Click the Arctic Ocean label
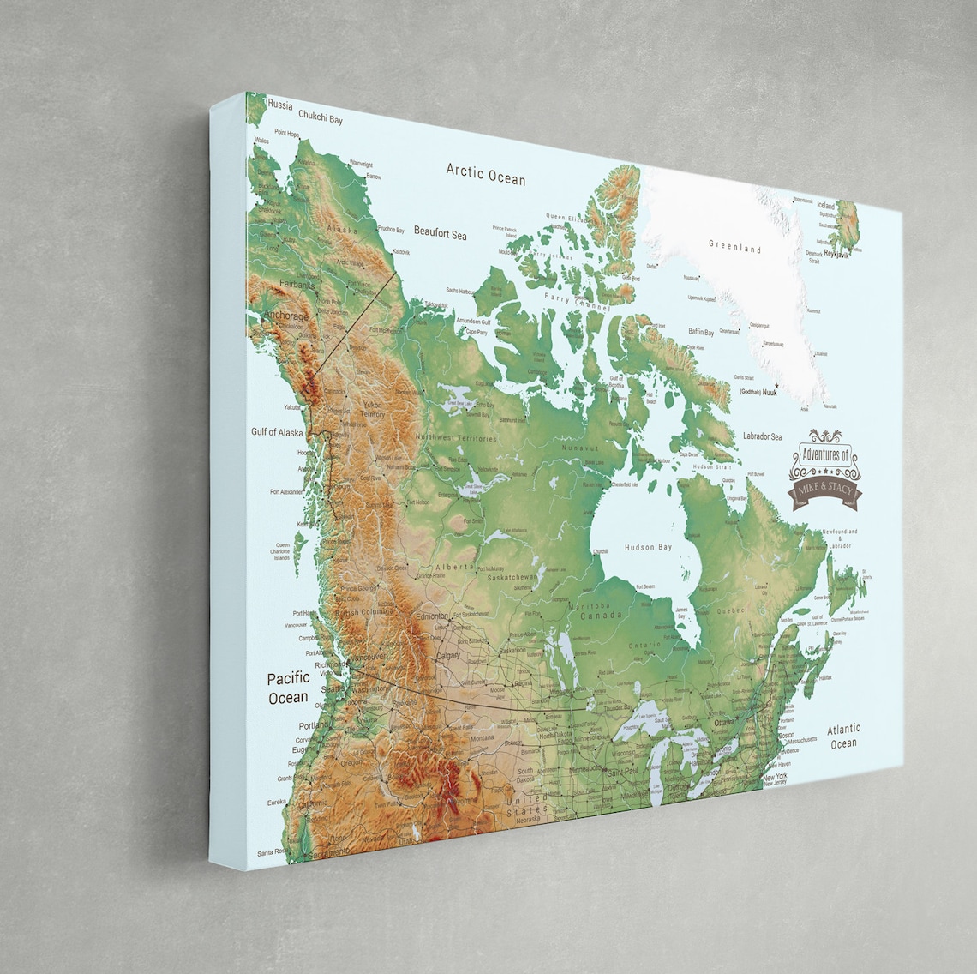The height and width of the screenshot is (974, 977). (485, 173)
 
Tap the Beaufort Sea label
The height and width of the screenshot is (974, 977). (440, 231)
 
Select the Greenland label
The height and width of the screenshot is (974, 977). (734, 247)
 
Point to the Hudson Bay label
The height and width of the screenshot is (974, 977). (648, 547)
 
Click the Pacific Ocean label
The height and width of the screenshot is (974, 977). (288, 688)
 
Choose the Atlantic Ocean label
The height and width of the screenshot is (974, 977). (843, 737)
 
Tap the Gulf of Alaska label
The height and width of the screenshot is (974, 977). (277, 432)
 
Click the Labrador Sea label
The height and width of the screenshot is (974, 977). (762, 436)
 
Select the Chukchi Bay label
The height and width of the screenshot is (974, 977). (320, 118)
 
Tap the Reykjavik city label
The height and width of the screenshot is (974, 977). (836, 254)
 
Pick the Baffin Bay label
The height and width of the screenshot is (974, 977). (701, 332)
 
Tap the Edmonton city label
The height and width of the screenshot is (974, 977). (432, 616)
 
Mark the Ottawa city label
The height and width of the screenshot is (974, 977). (724, 723)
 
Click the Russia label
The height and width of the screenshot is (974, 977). (280, 105)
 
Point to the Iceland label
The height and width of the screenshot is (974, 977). (825, 206)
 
